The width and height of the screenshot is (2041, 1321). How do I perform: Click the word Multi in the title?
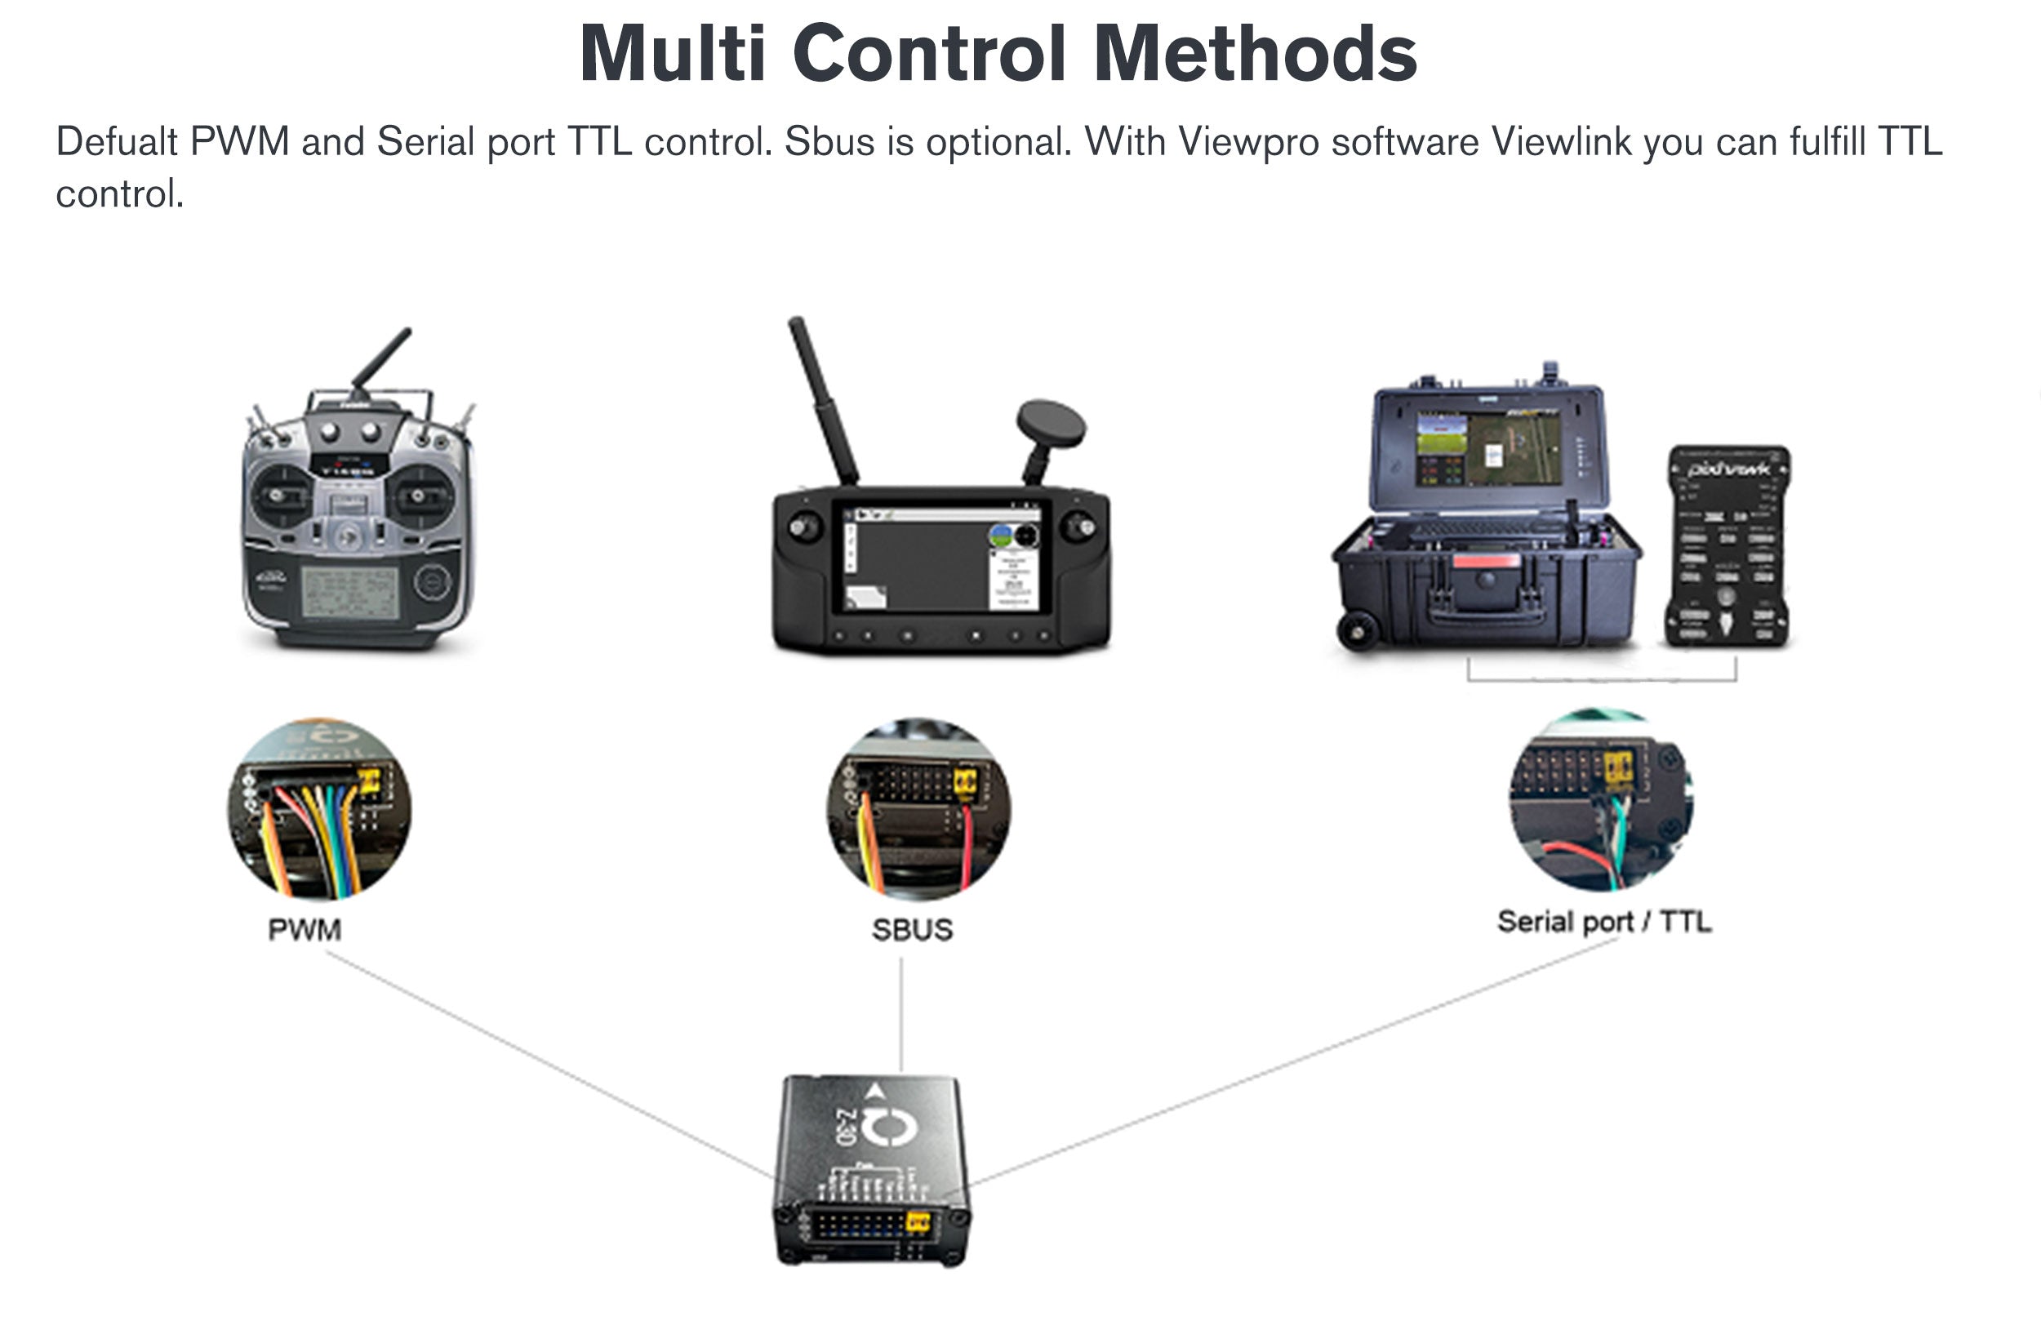(x=673, y=53)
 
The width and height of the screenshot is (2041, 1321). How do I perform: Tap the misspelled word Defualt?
(x=117, y=141)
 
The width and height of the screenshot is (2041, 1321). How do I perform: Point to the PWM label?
(x=305, y=930)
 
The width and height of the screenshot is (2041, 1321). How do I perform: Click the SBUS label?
(x=912, y=930)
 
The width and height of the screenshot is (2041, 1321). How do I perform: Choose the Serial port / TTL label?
(x=1603, y=921)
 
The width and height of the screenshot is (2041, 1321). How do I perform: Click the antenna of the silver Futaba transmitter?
(x=381, y=358)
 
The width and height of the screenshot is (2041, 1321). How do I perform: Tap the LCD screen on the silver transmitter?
(x=350, y=592)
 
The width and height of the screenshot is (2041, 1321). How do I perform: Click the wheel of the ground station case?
(x=1358, y=633)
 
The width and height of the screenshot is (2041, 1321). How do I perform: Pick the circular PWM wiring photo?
(x=319, y=810)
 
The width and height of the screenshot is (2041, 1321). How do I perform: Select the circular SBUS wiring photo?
(x=918, y=810)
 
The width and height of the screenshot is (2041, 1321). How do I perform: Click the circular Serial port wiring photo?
(x=1600, y=799)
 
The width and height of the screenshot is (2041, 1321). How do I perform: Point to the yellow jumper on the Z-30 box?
(x=918, y=1221)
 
